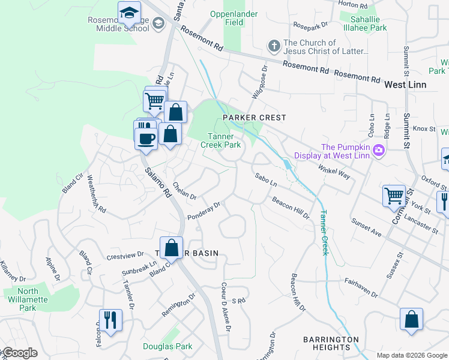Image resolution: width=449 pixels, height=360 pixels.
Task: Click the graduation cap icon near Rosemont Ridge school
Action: tap(128, 13)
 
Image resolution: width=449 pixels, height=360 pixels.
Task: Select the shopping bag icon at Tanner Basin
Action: tap(172, 247)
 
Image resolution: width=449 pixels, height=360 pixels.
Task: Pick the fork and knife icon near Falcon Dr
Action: tap(110, 320)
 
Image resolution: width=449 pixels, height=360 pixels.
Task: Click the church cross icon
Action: tap(274, 46)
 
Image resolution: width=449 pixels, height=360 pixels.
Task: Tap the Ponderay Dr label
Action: tap(204, 211)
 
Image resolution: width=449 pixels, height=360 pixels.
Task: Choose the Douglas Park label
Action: tap(159, 346)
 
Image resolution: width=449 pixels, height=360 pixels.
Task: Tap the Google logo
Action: tap(19, 353)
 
